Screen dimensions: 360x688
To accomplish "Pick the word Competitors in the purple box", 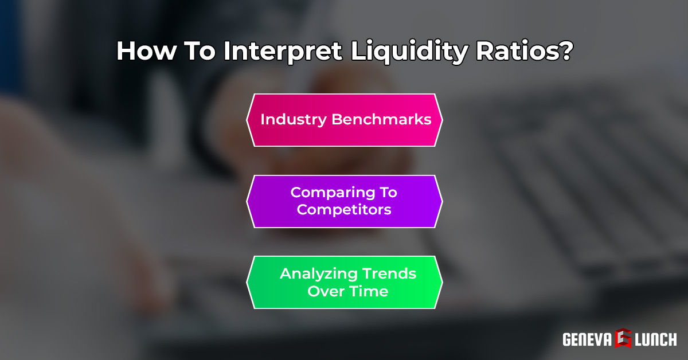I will pyautogui.click(x=344, y=209).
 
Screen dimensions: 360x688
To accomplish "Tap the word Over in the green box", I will pyautogui.click(x=325, y=291).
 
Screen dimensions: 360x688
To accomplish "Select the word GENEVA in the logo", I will pyautogui.click(x=587, y=339).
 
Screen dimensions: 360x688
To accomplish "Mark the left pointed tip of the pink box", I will pyautogui.click(x=247, y=120).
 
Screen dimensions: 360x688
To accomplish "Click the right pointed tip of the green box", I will pyautogui.click(x=442, y=282).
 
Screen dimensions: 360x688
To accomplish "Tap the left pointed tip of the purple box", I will pyautogui.click(x=247, y=201).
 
